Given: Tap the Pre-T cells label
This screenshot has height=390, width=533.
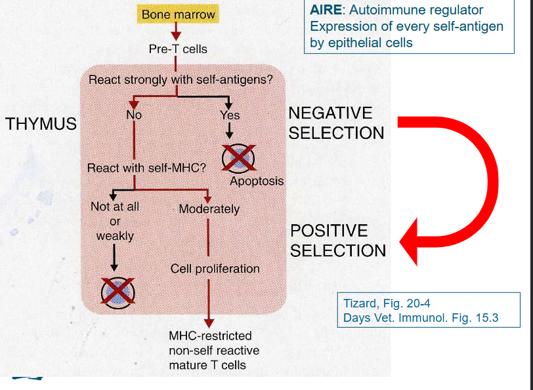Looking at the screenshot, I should (x=178, y=49).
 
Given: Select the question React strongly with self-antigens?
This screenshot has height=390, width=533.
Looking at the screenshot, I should (x=181, y=80).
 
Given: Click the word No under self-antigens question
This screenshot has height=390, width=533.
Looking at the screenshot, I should (x=134, y=115).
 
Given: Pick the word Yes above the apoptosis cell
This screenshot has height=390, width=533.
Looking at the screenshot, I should (x=230, y=115).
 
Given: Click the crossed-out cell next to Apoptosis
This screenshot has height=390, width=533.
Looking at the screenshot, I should (x=239, y=157).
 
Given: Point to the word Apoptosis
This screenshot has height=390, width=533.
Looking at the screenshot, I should (x=257, y=181).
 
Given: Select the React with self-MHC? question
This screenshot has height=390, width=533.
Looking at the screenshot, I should (x=146, y=168).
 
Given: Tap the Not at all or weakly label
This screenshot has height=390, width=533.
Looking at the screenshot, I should (x=115, y=221).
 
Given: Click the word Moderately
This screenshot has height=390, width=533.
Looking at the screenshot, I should (x=209, y=210).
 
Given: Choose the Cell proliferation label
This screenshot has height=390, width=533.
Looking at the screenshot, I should (x=215, y=269).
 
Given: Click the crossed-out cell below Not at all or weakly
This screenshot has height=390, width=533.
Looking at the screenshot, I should (x=117, y=291).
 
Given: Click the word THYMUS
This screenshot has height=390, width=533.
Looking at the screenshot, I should (x=41, y=124).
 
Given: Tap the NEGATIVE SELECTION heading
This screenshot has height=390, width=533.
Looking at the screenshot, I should (x=336, y=123).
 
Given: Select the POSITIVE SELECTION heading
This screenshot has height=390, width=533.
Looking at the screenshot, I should (x=338, y=241).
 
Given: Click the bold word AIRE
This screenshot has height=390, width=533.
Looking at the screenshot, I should (x=325, y=10).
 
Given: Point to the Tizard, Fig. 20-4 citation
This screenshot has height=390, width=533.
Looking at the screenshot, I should (x=387, y=304).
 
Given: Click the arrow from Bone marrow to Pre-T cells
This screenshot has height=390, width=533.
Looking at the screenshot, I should (x=175, y=32).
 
